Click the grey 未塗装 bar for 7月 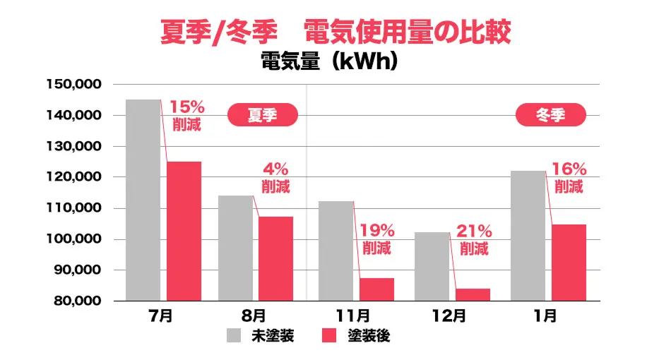click(x=143, y=200)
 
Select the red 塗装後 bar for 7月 click(x=184, y=231)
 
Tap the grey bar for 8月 click(x=235, y=248)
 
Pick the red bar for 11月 click(x=376, y=289)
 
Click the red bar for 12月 click(x=473, y=294)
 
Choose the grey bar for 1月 click(x=528, y=236)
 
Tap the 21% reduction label click(x=474, y=239)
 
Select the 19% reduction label click(x=376, y=239)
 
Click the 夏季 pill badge click(x=262, y=115)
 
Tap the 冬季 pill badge click(x=551, y=115)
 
